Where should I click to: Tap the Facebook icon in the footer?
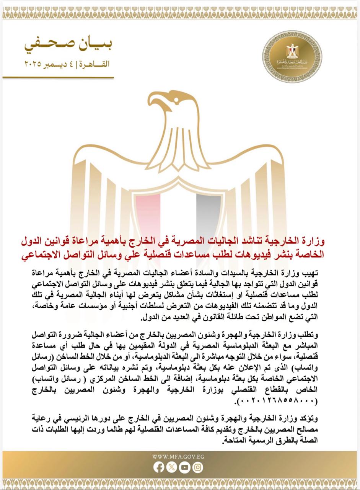click(x=159, y=467)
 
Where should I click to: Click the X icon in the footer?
click(x=172, y=467)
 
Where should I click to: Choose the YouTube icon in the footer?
click(x=185, y=467)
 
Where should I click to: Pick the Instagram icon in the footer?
click(x=198, y=467)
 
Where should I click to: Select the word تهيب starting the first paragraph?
click(x=310, y=273)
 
